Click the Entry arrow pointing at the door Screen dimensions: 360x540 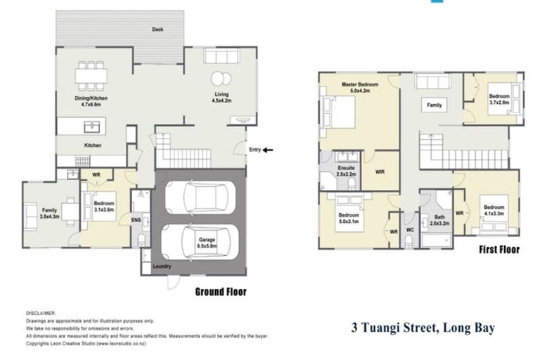tap(269, 149)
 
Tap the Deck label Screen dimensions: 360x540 tap(157, 30)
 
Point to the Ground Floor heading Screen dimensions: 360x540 tap(219, 292)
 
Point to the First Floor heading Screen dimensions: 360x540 tap(499, 250)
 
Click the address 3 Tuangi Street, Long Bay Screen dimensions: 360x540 tap(423, 327)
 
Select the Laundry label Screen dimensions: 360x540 tap(162, 267)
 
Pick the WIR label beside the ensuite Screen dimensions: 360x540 tap(380, 170)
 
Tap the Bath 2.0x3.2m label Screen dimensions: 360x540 tap(439, 221)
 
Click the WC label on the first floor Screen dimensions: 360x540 tap(409, 228)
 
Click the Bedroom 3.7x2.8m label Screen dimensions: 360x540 tap(499, 98)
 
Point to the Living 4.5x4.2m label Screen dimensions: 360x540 tap(222, 97)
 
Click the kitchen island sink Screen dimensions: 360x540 tap(91, 127)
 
